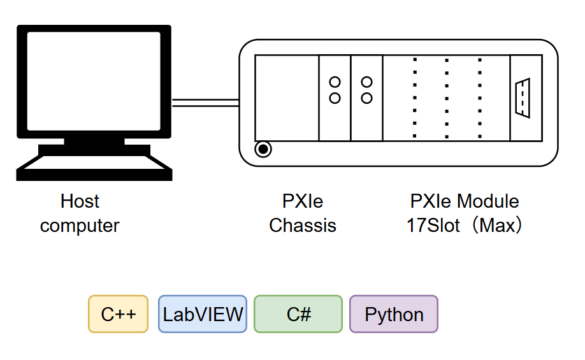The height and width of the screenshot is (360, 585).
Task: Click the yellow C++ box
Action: [119, 313]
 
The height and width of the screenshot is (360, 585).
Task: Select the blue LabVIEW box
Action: [203, 313]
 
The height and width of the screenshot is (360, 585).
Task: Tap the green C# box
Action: [298, 313]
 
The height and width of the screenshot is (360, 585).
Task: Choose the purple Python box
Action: [394, 313]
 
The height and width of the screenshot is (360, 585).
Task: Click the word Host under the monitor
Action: [80, 201]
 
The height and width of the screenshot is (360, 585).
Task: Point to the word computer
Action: [80, 226]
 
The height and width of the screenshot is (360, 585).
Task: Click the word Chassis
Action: [303, 226]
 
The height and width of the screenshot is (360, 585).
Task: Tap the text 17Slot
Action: [433, 226]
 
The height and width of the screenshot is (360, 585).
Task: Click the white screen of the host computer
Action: [94, 82]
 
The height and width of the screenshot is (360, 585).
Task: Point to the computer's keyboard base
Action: [94, 168]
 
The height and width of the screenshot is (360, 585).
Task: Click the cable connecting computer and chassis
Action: [206, 103]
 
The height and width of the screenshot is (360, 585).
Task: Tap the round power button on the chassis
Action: [263, 149]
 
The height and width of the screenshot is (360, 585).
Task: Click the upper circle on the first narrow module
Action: [335, 82]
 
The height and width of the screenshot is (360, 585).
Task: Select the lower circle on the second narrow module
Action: [367, 98]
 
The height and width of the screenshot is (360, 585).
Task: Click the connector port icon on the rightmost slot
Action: [523, 98]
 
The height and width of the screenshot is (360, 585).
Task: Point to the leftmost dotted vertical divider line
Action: [415, 98]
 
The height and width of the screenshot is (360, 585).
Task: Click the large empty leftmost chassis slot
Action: [287, 98]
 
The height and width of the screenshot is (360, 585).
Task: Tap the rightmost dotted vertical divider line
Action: [480, 98]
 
